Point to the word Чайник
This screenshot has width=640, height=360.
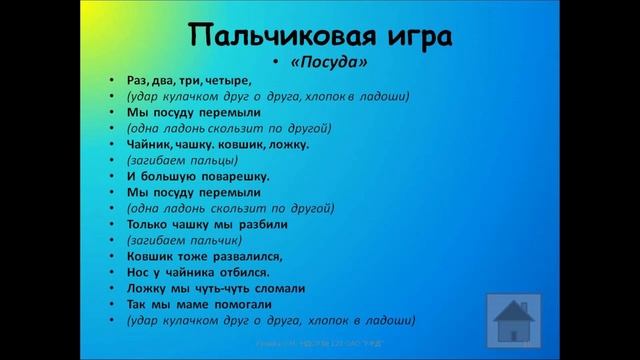point(149,144)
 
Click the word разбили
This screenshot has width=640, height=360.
point(264,224)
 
